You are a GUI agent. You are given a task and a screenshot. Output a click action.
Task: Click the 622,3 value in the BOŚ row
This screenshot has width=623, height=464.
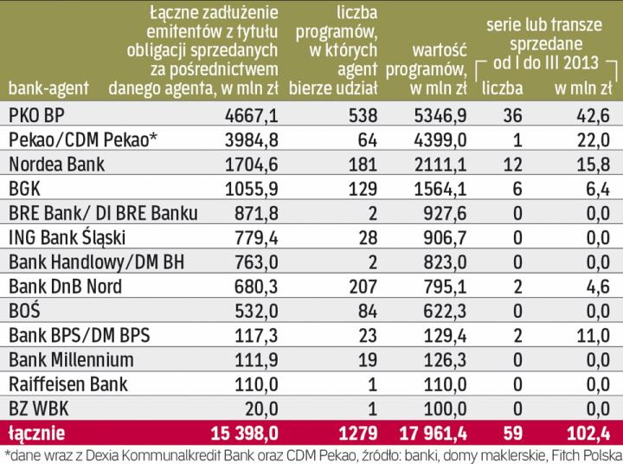tap(445, 309)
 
